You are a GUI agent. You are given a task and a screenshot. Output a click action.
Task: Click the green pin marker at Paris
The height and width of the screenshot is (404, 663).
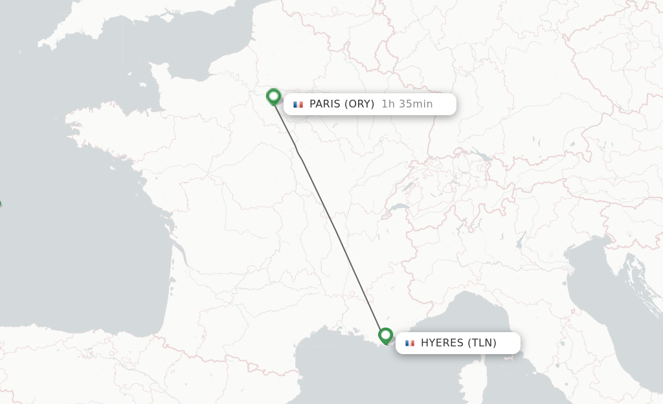273,96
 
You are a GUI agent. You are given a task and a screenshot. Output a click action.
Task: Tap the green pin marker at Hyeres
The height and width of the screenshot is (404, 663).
386,335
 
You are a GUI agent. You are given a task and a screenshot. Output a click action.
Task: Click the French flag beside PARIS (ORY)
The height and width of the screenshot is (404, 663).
298,104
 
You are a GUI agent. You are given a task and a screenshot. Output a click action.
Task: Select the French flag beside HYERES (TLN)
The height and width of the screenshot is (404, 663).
409,343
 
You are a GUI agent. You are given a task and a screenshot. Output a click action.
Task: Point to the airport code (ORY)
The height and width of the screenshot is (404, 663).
359,104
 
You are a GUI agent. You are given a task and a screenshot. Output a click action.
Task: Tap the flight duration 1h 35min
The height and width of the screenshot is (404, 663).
407,104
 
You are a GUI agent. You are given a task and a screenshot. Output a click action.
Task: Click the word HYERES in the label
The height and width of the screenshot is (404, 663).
442,343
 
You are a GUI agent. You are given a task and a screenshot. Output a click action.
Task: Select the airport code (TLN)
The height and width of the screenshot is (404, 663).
482,343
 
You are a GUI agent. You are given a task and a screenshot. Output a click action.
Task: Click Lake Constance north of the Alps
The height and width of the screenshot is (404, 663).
482,156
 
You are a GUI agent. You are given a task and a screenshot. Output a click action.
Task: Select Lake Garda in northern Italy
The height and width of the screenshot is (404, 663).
520,242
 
